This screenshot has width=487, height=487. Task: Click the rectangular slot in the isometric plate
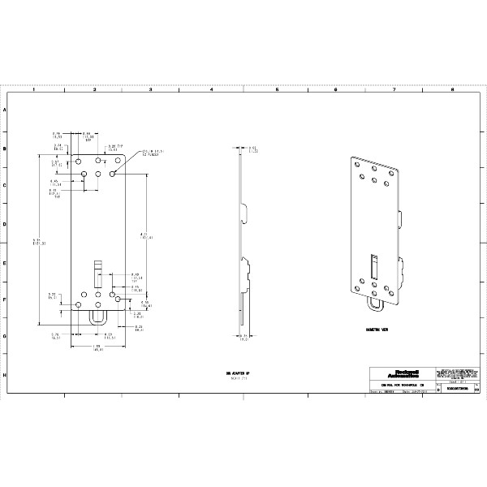point(373,264)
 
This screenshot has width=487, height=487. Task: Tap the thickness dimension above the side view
point(253,149)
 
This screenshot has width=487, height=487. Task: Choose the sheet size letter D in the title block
point(438,390)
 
